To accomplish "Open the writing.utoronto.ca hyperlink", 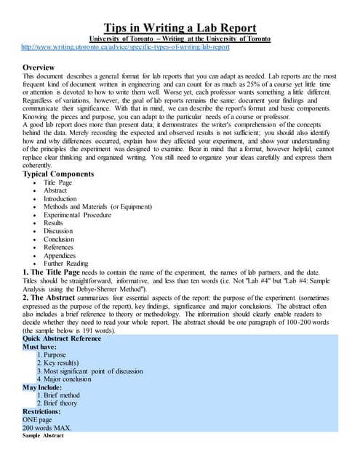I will pos(125,46).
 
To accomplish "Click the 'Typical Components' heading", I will pos(58,174).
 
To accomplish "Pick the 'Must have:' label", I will pos(41,347).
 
